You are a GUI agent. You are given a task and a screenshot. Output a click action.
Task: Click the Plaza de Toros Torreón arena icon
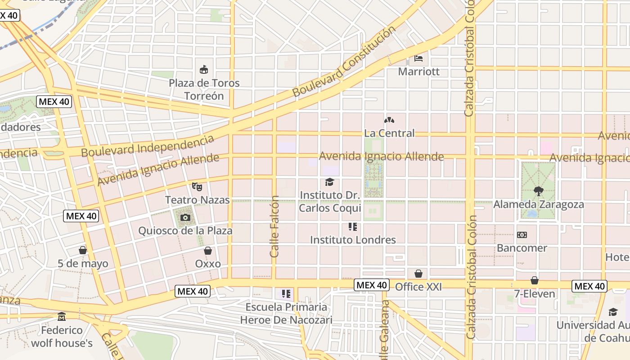[204, 70]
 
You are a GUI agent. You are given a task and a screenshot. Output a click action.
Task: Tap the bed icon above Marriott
[418, 58]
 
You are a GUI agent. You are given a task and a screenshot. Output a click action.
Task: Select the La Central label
[389, 133]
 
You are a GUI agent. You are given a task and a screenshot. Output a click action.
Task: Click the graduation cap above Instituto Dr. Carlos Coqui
[330, 182]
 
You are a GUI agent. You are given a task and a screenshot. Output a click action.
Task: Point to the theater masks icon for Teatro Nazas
[196, 186]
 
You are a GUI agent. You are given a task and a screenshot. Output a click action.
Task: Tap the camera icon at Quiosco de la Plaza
[185, 218]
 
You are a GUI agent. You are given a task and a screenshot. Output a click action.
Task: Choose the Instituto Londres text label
[353, 239]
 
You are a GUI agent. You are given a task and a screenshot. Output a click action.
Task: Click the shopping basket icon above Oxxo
[208, 251]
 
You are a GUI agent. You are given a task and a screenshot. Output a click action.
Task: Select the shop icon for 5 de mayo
[83, 250]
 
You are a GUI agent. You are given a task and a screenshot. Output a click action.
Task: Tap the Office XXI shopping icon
[418, 274]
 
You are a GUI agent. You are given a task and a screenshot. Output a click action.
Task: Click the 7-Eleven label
[534, 294]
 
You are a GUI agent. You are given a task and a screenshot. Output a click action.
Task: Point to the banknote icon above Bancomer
[522, 235]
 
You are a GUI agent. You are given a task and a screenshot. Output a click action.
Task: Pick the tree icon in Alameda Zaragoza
[538, 191]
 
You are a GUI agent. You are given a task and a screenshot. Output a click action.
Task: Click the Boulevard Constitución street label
[344, 61]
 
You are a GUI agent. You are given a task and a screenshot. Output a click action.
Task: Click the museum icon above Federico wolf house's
[62, 317]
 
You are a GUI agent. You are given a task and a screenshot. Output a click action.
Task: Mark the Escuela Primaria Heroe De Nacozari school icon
[286, 294]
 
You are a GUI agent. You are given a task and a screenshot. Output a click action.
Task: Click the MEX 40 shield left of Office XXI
[371, 285]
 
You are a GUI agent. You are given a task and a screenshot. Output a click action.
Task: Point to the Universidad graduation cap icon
[613, 312]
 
